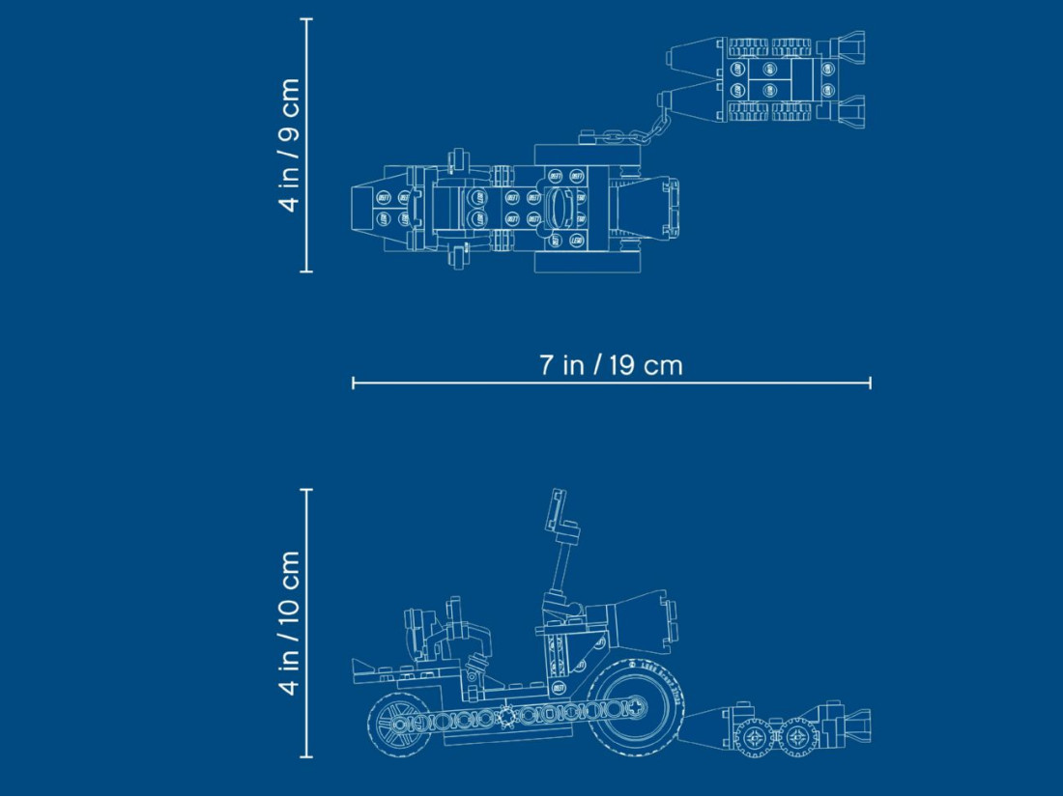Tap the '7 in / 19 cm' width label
(x=611, y=365)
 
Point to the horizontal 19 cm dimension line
(x=612, y=384)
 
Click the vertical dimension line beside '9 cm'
(x=307, y=145)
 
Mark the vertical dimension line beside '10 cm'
(x=307, y=623)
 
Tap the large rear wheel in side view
(x=635, y=707)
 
